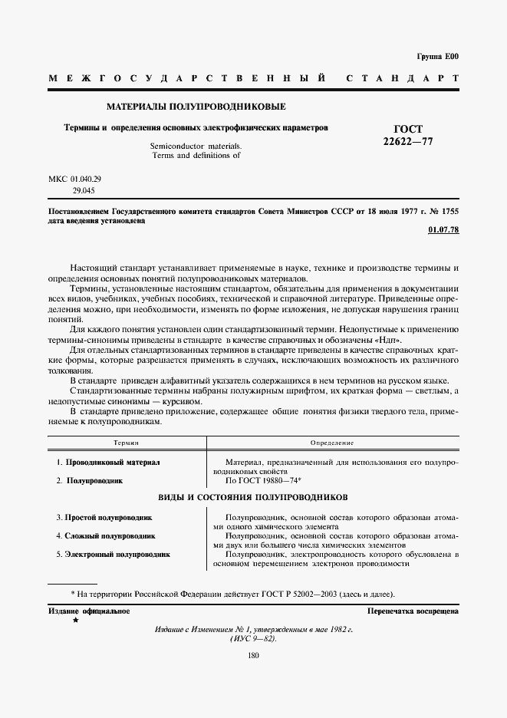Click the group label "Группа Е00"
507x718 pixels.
pyautogui.click(x=437, y=57)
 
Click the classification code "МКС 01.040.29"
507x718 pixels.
pyautogui.click(x=75, y=178)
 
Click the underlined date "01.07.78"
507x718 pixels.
pyautogui.click(x=443, y=230)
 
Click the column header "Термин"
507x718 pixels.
pyautogui.click(x=126, y=443)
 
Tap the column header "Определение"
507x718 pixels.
pyautogui.click(x=331, y=443)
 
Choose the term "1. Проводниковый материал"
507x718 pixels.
pyautogui.click(x=108, y=463)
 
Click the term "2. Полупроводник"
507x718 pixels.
pyautogui.click(x=90, y=480)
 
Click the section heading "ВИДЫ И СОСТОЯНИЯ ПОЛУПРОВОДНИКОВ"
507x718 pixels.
pyautogui.click(x=253, y=497)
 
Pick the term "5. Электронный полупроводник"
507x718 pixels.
pyautogui.click(x=113, y=553)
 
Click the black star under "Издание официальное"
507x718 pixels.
pyautogui.click(x=75, y=619)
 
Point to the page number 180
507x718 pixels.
pyautogui.click(x=253, y=654)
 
